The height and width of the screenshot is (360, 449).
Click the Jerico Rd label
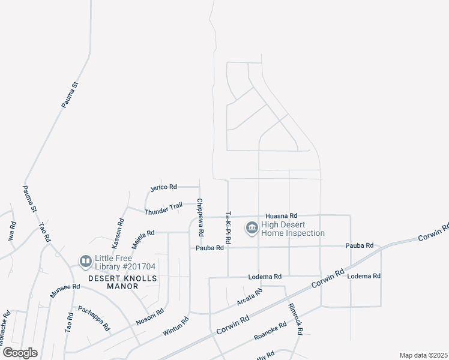tap(164, 187)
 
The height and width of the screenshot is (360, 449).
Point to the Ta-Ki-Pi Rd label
tap(228, 228)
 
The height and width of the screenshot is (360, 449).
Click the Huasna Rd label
tap(281, 215)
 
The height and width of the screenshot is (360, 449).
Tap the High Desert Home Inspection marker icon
tap(252, 228)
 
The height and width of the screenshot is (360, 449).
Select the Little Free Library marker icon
tap(85, 261)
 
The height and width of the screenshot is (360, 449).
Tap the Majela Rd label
tap(143, 238)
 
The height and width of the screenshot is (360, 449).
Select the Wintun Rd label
tap(175, 327)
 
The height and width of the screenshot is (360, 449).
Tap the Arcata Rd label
tap(250, 296)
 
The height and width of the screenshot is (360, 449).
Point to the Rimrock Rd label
tap(295, 318)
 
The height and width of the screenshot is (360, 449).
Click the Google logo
tap(19, 353)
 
